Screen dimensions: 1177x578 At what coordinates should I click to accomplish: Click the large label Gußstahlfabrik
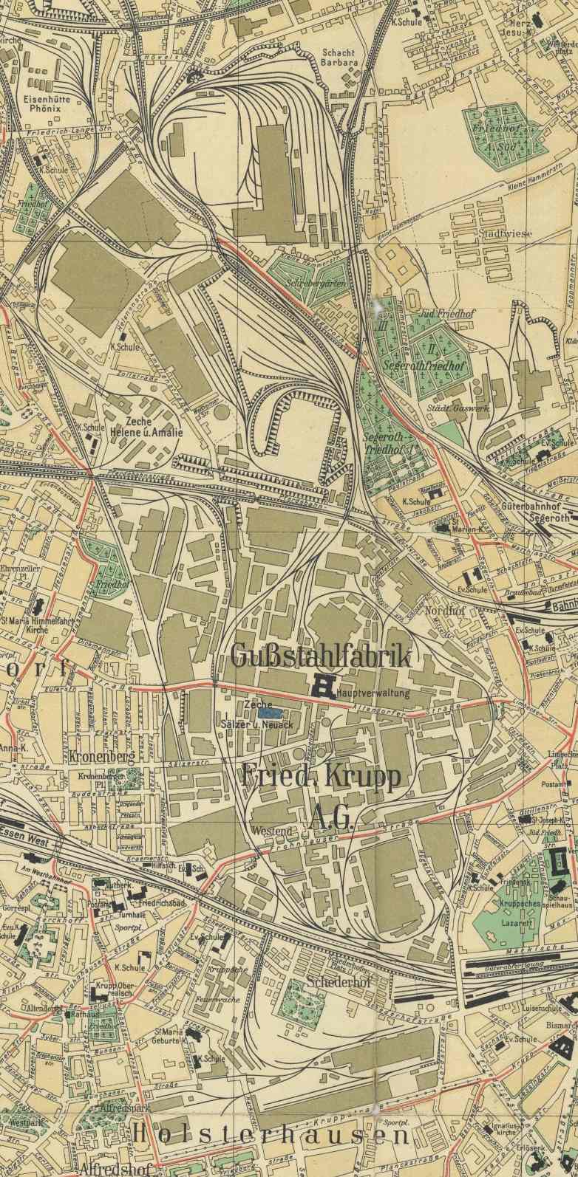(x=319, y=655)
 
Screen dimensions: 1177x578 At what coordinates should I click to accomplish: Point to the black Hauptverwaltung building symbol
(x=324, y=685)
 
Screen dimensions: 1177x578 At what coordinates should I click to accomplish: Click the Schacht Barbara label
(x=339, y=58)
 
